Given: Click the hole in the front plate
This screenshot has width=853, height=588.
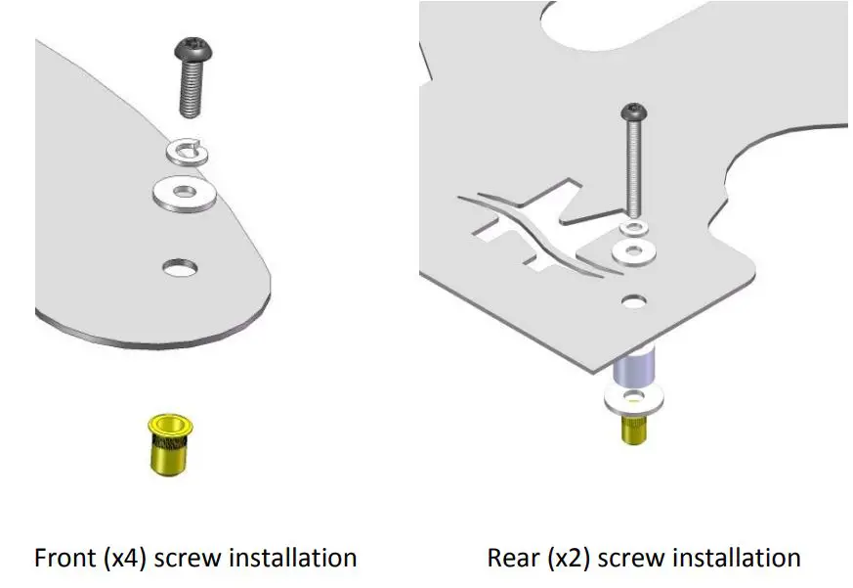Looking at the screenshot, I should click(179, 266).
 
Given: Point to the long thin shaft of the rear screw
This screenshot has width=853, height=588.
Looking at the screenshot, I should click(634, 166).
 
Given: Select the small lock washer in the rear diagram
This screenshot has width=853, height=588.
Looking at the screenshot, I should click(635, 228).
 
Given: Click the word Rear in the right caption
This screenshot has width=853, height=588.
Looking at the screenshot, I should click(512, 559).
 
